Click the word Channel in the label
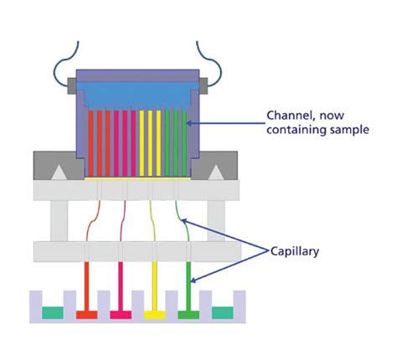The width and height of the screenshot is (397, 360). pos(290,115)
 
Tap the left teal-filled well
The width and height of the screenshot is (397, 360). pos(53,312)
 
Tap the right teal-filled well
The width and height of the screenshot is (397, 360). pos(223,312)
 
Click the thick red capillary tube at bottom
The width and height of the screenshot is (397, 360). pos(87,285)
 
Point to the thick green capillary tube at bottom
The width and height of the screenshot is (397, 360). pos(190,285)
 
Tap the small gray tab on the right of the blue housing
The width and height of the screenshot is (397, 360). pos(204,83)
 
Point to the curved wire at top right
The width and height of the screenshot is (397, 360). pos(212,54)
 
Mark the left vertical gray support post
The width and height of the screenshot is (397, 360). pos(59,220)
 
